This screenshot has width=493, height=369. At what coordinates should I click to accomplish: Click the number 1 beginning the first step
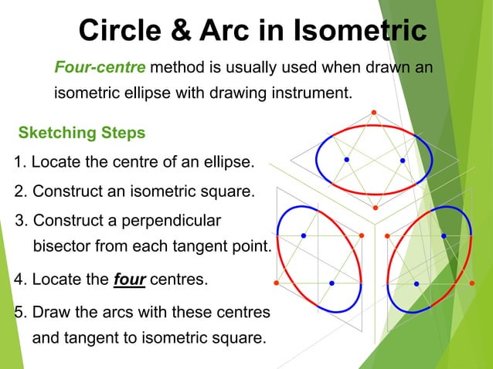pyautogui.click(x=20, y=162)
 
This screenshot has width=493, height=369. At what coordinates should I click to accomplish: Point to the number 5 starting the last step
pyautogui.click(x=20, y=313)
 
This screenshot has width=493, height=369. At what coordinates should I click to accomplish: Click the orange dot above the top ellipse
pyautogui.click(x=374, y=113)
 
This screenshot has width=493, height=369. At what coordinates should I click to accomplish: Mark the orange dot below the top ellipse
pyautogui.click(x=375, y=208)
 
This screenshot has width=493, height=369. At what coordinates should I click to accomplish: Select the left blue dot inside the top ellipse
pyautogui.click(x=347, y=160)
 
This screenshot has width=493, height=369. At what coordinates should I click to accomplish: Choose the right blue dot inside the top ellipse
pyautogui.click(x=403, y=160)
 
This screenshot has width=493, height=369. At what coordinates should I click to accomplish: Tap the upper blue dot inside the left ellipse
pyautogui.click(x=304, y=235)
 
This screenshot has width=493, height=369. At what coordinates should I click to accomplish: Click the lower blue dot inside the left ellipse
pyautogui.click(x=331, y=283)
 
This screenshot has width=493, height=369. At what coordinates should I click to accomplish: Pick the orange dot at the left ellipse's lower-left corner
pyautogui.click(x=276, y=283)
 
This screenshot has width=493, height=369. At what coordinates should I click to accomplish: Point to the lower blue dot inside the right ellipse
pyautogui.click(x=416, y=283)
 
